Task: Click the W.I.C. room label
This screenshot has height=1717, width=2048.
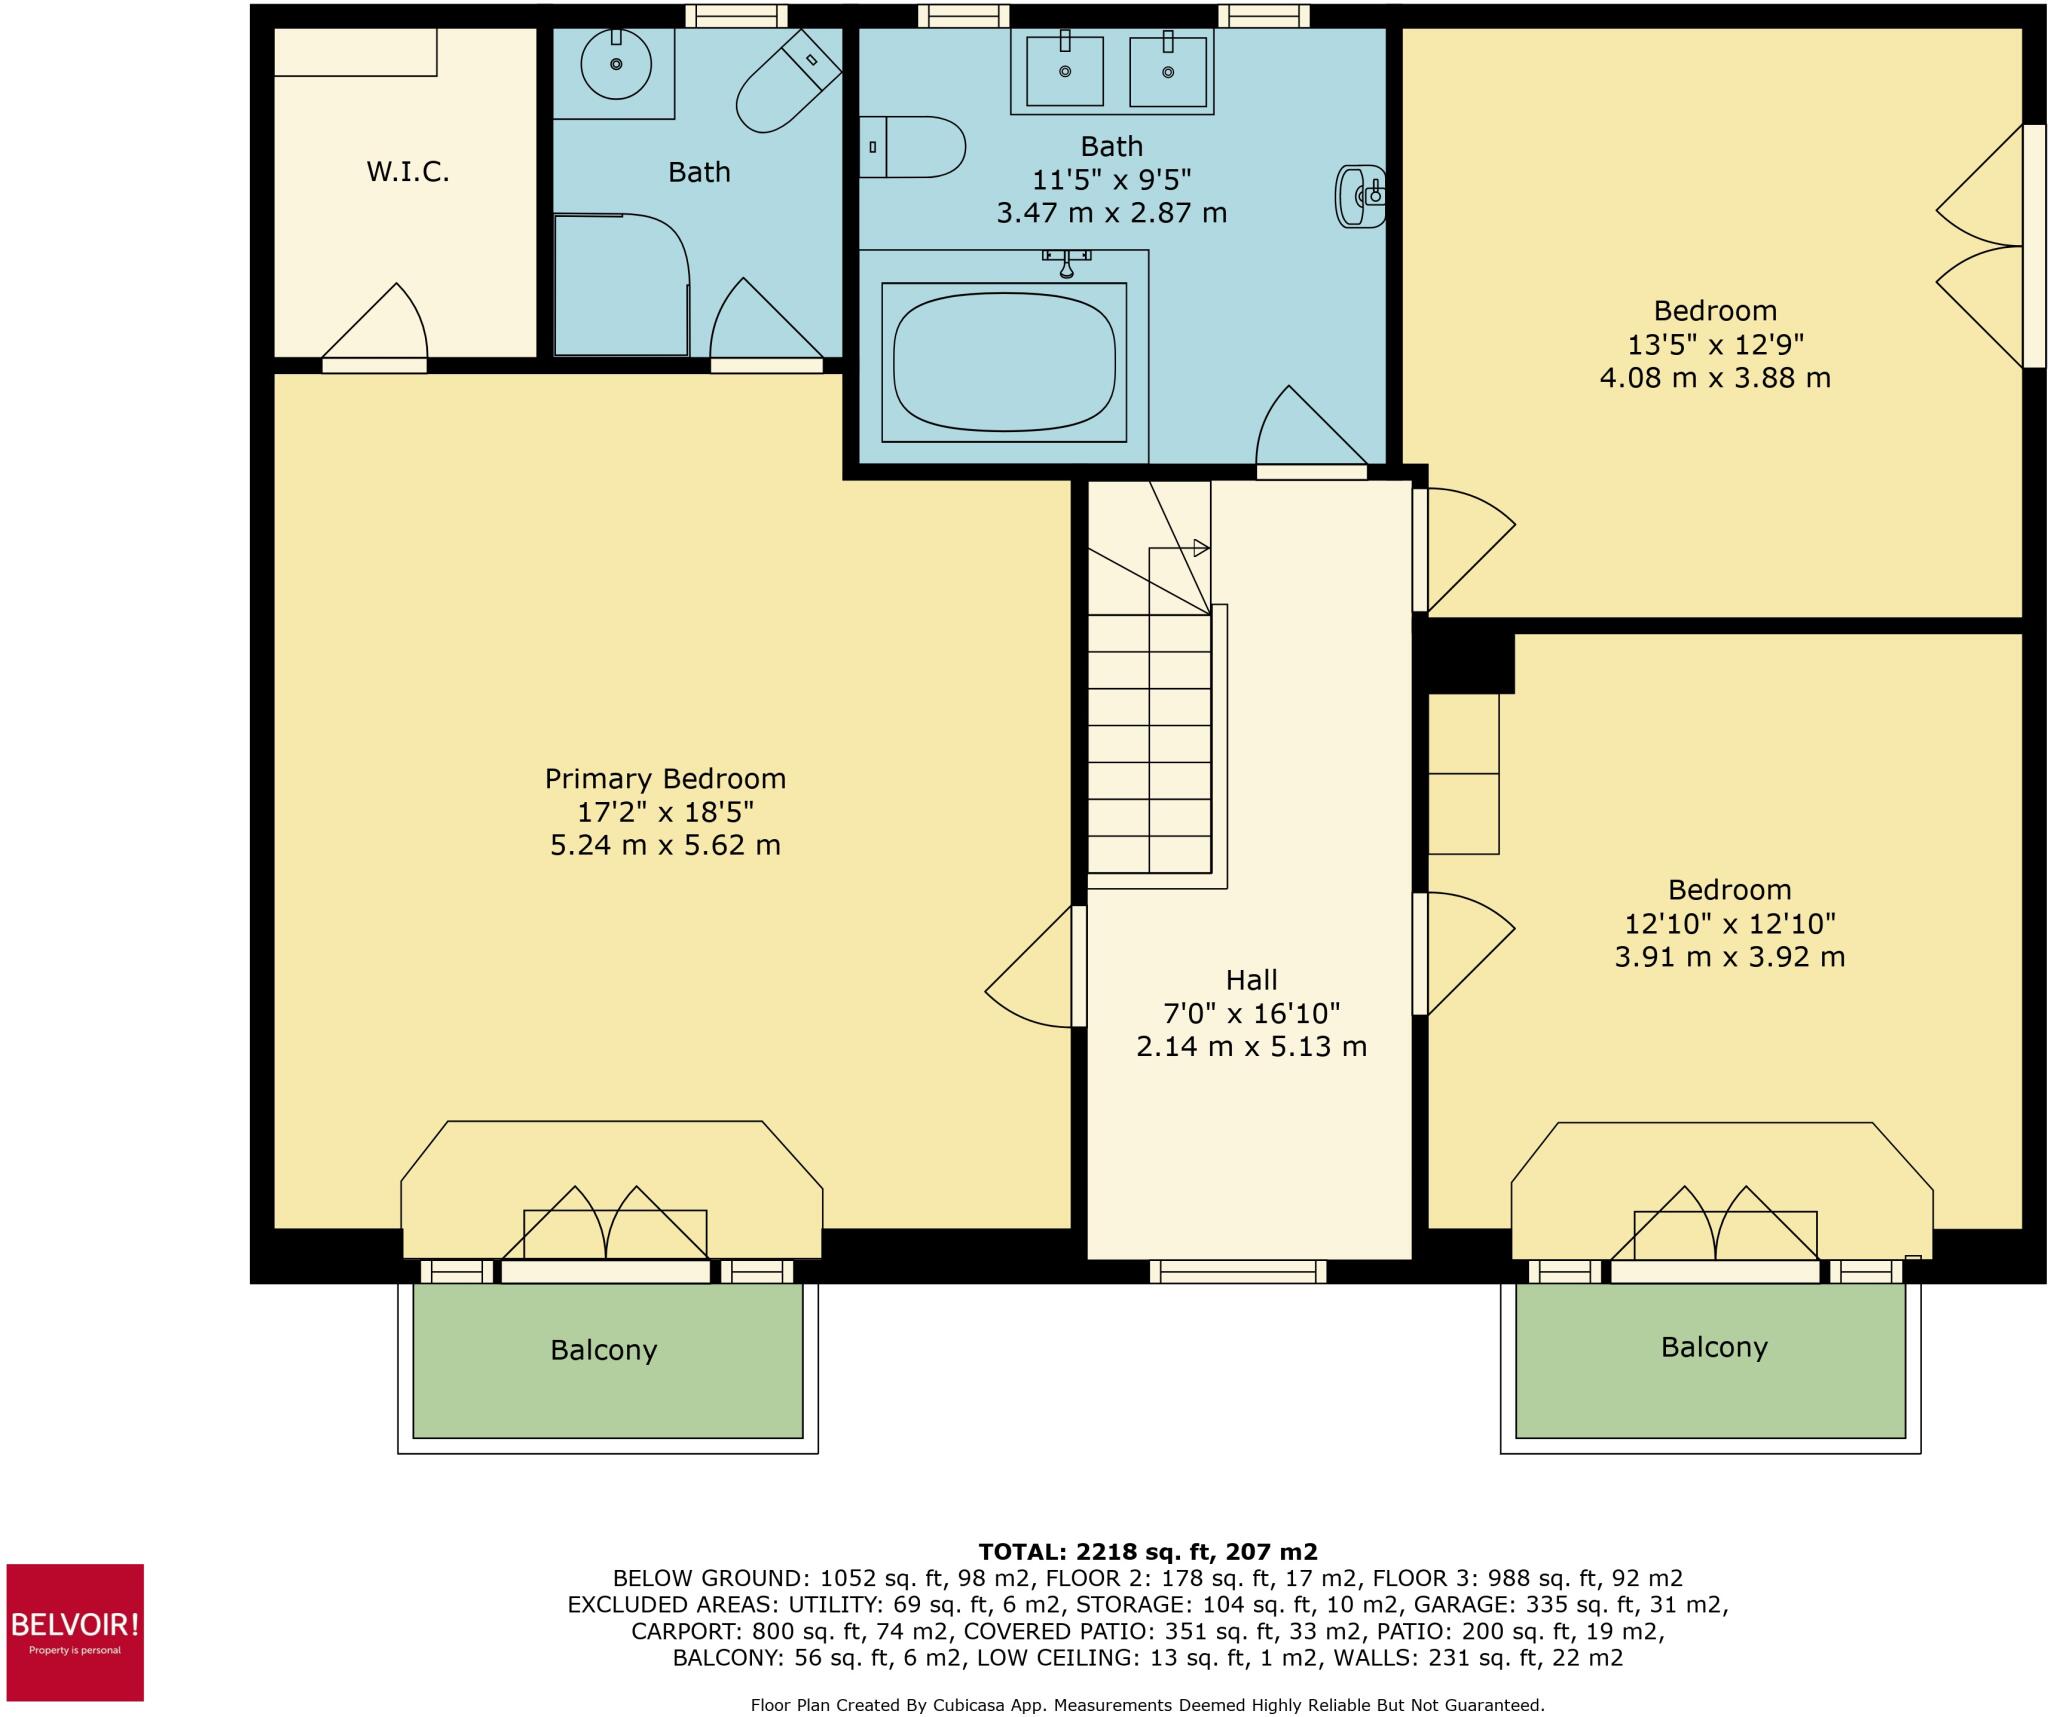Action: click(407, 172)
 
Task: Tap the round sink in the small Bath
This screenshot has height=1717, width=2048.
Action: click(616, 64)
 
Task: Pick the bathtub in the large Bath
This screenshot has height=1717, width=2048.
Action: click(1004, 362)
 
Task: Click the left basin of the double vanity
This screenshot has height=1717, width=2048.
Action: click(1065, 70)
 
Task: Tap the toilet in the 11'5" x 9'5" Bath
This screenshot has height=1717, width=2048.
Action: click(914, 147)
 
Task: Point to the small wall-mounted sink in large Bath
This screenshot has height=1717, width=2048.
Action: click(1360, 196)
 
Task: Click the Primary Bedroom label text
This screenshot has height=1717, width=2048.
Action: click(665, 778)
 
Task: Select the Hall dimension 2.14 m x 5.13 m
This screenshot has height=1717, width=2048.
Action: click(1251, 1046)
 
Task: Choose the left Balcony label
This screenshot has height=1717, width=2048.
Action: click(603, 1350)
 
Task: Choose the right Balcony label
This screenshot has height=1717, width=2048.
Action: click(1714, 1347)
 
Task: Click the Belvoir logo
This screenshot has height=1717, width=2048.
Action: click(75, 1632)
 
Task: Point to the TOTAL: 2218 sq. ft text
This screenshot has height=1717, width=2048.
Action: click(1148, 1552)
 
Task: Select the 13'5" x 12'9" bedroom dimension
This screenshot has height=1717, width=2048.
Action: click(1715, 344)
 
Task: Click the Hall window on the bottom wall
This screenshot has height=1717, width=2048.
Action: click(1238, 1271)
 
